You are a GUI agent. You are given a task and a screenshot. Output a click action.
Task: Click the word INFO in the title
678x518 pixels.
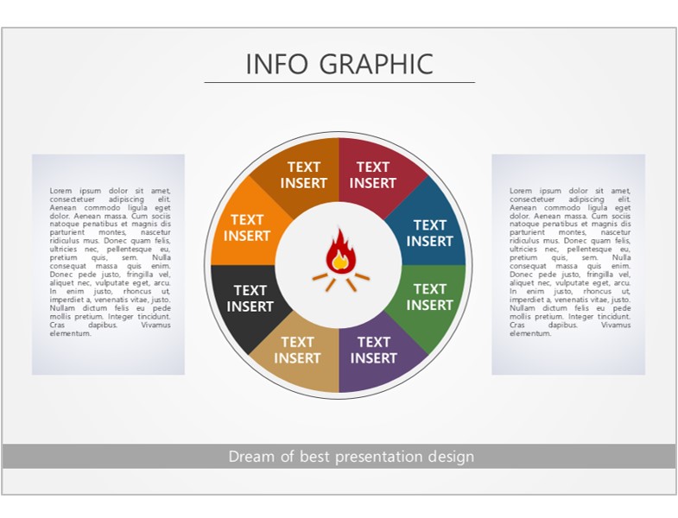pyautogui.click(x=276, y=64)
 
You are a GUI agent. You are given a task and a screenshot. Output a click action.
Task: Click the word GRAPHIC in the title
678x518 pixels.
pyautogui.click(x=377, y=64)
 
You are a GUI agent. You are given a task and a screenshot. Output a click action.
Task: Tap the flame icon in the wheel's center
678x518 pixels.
pyautogui.click(x=341, y=260)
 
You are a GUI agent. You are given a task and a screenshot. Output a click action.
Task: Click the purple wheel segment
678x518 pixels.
pyautogui.click(x=377, y=355)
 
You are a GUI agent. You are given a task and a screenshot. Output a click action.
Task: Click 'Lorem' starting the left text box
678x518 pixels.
pyautogui.click(x=60, y=191)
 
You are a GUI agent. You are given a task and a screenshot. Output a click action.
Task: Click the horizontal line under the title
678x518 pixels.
pyautogui.click(x=339, y=82)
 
